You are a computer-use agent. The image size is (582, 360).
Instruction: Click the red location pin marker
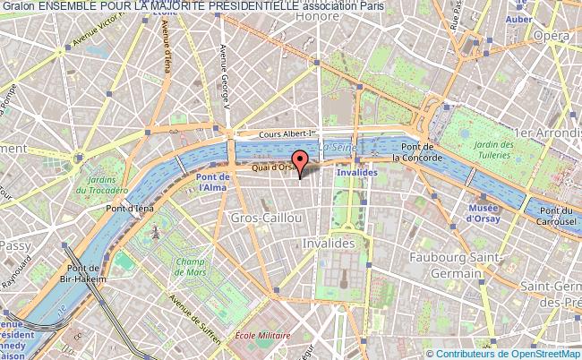pos(301,161)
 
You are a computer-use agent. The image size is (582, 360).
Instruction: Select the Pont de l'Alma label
pos(213,183)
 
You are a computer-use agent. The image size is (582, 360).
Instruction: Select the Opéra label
pos(552,35)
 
